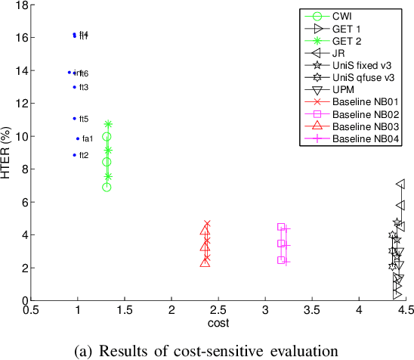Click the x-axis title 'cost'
(218, 323)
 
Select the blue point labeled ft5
(74, 119)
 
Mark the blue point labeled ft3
(74, 87)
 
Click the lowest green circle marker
(107, 187)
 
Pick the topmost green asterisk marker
(108, 124)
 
